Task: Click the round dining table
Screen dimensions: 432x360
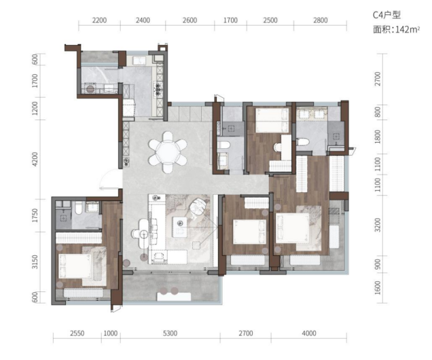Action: [x=168, y=151]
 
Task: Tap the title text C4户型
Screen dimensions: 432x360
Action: [x=386, y=14]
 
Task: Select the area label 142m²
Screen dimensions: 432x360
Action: [x=408, y=29]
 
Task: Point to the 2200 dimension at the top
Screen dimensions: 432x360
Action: [x=99, y=20]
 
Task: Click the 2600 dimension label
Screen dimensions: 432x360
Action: [x=190, y=20]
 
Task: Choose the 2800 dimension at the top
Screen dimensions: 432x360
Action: [x=320, y=20]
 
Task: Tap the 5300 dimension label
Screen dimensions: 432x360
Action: [x=170, y=334]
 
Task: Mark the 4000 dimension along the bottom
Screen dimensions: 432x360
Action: [x=309, y=334]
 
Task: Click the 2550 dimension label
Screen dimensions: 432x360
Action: [x=77, y=334]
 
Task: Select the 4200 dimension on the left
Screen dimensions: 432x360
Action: [x=35, y=159]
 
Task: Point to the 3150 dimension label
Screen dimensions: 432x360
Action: [x=35, y=262]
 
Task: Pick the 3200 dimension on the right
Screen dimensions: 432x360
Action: [x=378, y=225]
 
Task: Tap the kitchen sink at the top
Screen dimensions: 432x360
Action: [x=141, y=60]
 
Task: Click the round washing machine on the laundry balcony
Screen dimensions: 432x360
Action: [x=90, y=89]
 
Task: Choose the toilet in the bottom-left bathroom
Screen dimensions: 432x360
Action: [x=79, y=207]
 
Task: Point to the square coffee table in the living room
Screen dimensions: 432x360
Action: [x=180, y=227]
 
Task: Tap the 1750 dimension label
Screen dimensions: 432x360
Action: [x=35, y=215]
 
